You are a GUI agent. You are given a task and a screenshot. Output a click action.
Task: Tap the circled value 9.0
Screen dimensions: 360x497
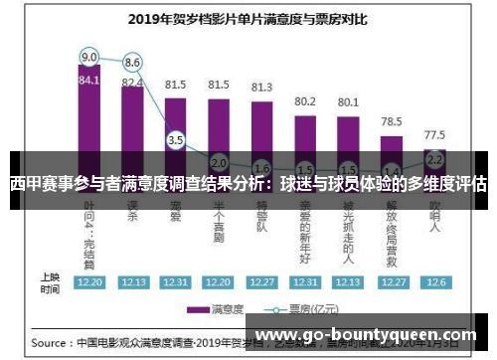pyautogui.click(x=89, y=57)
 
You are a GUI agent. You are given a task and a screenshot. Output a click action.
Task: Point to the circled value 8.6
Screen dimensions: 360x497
pyautogui.click(x=132, y=63)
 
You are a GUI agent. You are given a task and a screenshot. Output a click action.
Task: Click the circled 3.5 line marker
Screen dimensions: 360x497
pyautogui.click(x=176, y=141)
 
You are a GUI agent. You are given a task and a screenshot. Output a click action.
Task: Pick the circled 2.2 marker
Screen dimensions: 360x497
pyautogui.click(x=434, y=157)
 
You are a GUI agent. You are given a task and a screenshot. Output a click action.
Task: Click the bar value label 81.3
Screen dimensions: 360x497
pyautogui.click(x=262, y=88)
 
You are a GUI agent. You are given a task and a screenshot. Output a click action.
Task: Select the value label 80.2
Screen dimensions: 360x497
pyautogui.click(x=305, y=101)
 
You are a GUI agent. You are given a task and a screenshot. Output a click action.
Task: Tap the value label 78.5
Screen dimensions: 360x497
pyautogui.click(x=392, y=121)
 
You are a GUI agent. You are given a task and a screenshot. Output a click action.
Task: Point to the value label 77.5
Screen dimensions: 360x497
pyautogui.click(x=434, y=134)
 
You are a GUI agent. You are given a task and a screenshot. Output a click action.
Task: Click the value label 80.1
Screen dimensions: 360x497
pyautogui.click(x=348, y=102)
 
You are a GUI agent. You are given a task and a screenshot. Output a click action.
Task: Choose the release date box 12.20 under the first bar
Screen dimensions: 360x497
pyautogui.click(x=89, y=281)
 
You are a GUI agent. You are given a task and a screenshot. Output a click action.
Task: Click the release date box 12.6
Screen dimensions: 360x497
pyautogui.click(x=434, y=281)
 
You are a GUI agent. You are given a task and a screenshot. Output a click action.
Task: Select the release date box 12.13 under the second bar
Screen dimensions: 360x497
pyautogui.click(x=132, y=281)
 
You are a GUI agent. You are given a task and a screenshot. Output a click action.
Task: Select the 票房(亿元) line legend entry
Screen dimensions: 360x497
pyautogui.click(x=299, y=308)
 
